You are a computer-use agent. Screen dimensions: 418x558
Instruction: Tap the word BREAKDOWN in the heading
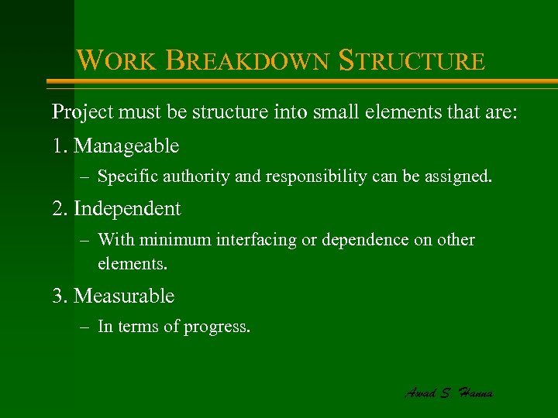(x=247, y=60)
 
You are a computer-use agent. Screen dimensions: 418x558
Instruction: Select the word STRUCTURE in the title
(x=412, y=60)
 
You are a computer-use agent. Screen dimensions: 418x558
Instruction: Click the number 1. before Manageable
(x=60, y=146)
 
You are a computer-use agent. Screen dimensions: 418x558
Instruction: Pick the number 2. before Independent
(x=60, y=208)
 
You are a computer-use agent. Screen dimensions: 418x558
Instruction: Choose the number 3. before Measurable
(x=60, y=296)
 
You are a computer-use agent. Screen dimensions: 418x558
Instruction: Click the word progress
(x=217, y=327)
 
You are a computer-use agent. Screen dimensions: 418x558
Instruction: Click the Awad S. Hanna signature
(x=449, y=392)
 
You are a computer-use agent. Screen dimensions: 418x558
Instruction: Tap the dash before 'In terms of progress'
(x=84, y=327)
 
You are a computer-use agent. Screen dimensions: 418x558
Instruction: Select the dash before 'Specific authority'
(x=84, y=176)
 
